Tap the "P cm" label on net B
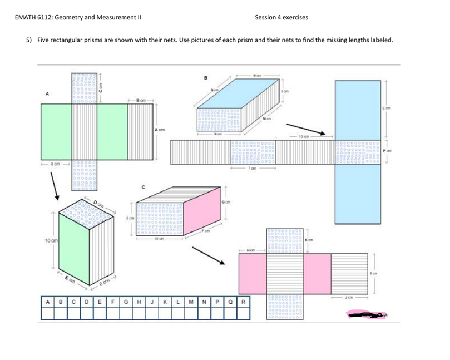(387, 151)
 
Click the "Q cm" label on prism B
(214, 89)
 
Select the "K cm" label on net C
(309, 240)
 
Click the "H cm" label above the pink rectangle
(251, 250)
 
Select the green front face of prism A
(75, 249)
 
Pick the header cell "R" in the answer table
(243, 302)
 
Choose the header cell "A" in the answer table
(47, 302)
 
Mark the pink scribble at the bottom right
(364, 315)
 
